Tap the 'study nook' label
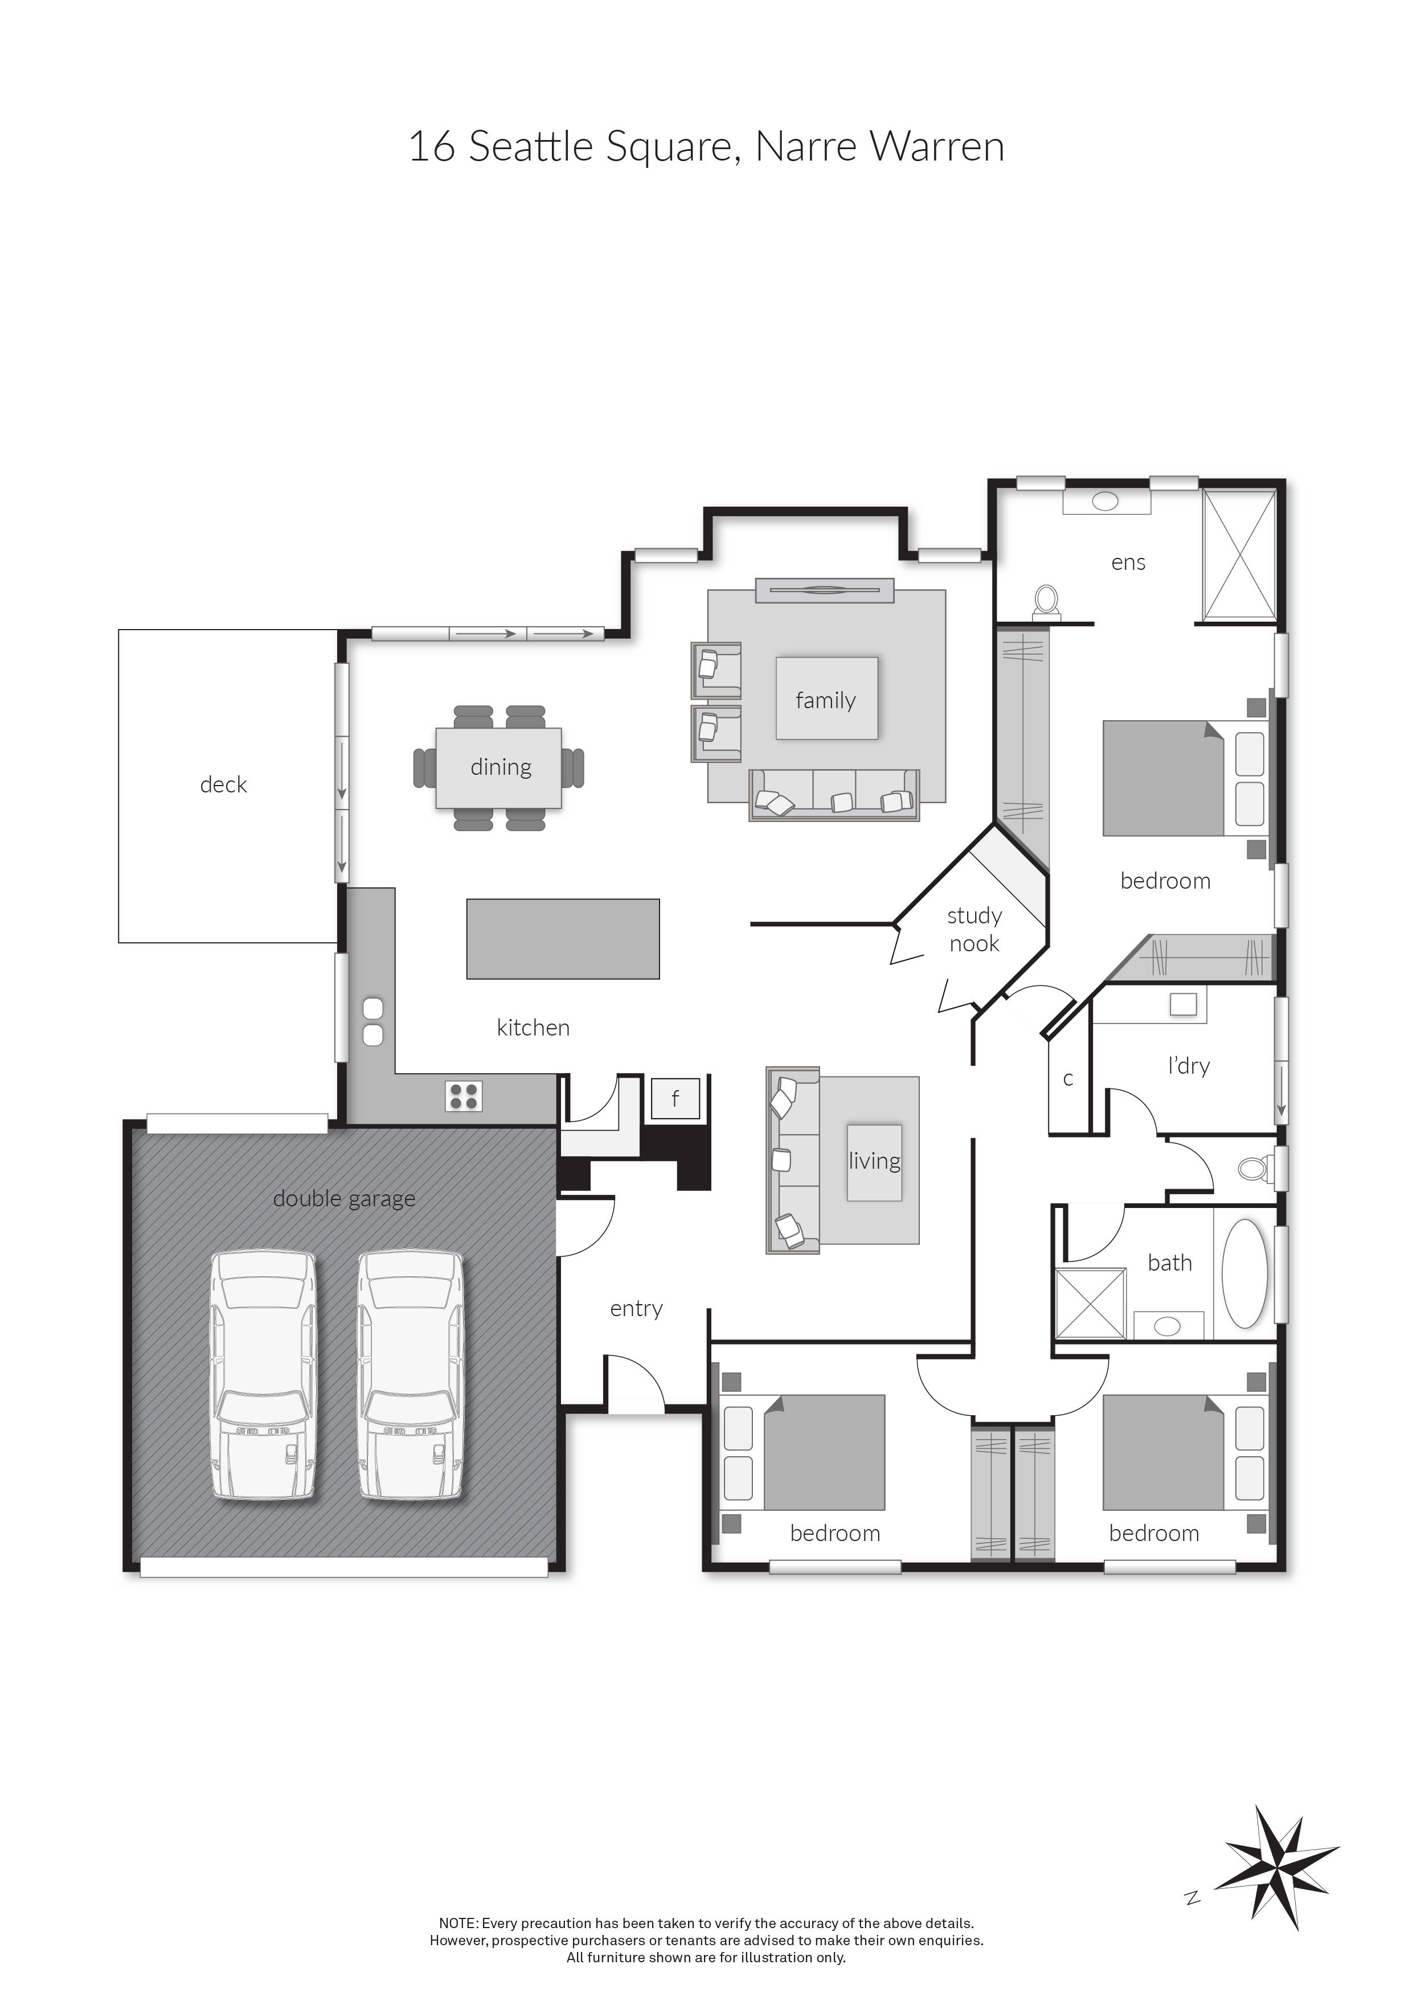[974, 929]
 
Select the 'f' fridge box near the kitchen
[675, 1099]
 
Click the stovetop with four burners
[464, 1096]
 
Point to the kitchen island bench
[563, 939]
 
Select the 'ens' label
[1128, 563]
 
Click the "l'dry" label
[1189, 1066]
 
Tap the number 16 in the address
[432, 146]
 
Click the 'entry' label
[636, 1308]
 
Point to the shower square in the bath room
[1090, 1303]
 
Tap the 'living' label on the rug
[874, 1161]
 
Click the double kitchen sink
[372, 1022]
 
